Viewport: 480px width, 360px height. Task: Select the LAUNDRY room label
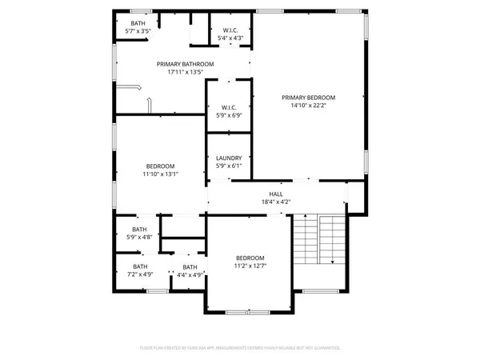click(229, 158)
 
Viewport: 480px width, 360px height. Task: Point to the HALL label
click(274, 194)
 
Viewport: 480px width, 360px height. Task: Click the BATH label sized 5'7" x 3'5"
click(138, 23)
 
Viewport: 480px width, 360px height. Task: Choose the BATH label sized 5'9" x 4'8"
click(140, 229)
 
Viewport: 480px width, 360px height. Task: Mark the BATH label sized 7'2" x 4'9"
click(140, 266)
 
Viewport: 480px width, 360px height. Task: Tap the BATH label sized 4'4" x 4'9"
click(190, 267)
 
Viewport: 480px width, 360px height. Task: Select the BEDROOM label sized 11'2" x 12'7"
click(250, 258)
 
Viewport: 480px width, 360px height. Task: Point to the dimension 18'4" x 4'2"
click(274, 202)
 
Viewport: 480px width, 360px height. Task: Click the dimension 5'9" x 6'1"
click(229, 166)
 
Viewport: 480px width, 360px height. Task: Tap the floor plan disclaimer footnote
click(240, 349)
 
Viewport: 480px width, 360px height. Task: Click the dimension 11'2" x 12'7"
click(250, 266)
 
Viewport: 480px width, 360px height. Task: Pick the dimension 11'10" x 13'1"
click(160, 174)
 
